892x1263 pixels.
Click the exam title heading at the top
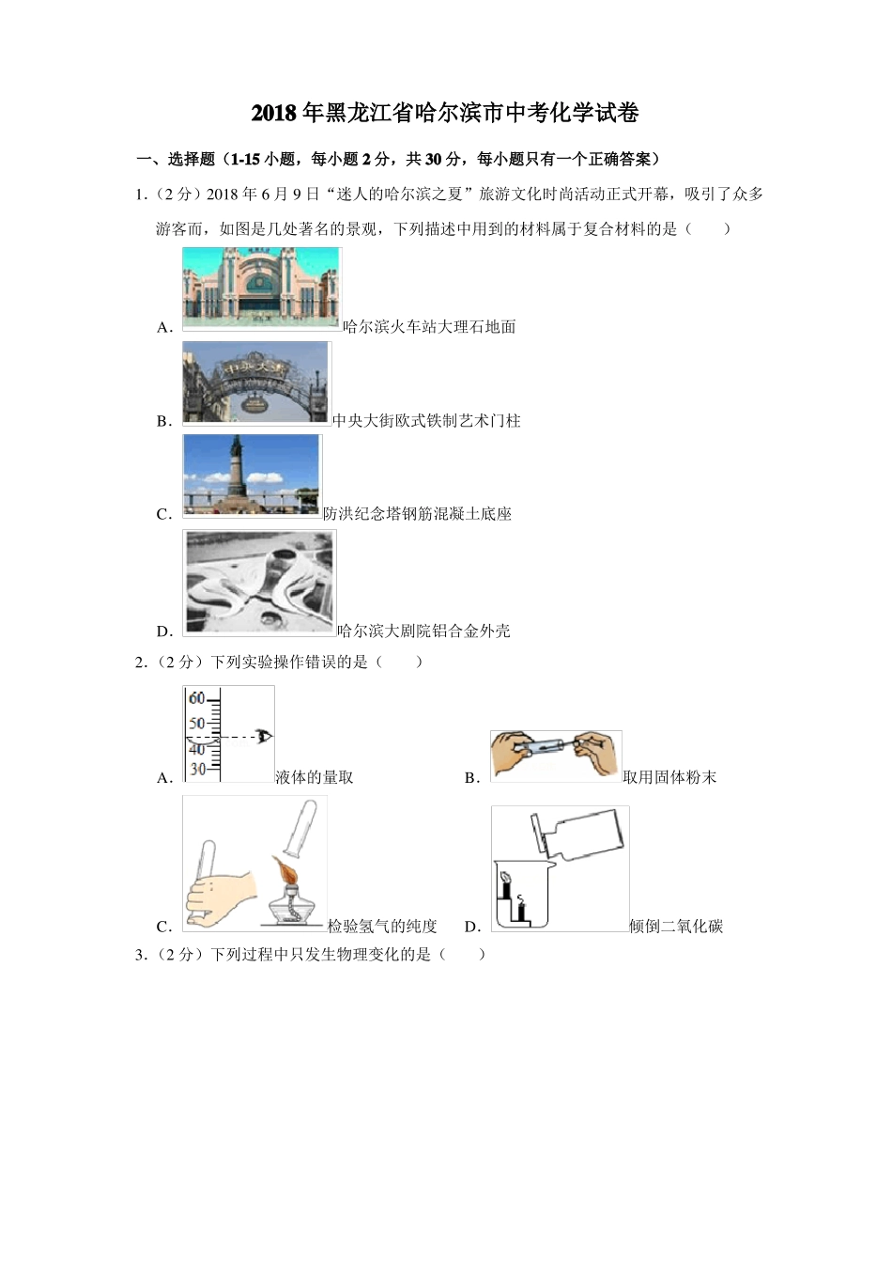pyautogui.click(x=445, y=114)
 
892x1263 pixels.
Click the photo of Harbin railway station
pyautogui.click(x=261, y=288)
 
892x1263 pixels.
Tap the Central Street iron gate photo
pyautogui.click(x=256, y=382)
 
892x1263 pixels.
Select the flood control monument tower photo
pyautogui.click(x=252, y=475)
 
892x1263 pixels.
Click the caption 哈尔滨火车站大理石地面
pyautogui.click(x=429, y=327)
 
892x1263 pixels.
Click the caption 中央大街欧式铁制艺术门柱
pyautogui.click(x=426, y=421)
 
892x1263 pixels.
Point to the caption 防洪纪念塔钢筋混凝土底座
pyautogui.click(x=417, y=514)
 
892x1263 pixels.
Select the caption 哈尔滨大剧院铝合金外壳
pyautogui.click(x=423, y=631)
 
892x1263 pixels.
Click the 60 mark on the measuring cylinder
pyautogui.click(x=197, y=698)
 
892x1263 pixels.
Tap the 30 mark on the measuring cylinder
pyautogui.click(x=197, y=769)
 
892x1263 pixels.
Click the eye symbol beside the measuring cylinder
pyautogui.click(x=265, y=737)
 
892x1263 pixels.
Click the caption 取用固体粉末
pyautogui.click(x=669, y=778)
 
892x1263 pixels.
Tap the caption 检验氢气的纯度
pyautogui.click(x=382, y=927)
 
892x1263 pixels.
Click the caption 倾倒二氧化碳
pyautogui.click(x=676, y=927)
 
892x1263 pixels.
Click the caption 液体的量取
pyautogui.click(x=315, y=778)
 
